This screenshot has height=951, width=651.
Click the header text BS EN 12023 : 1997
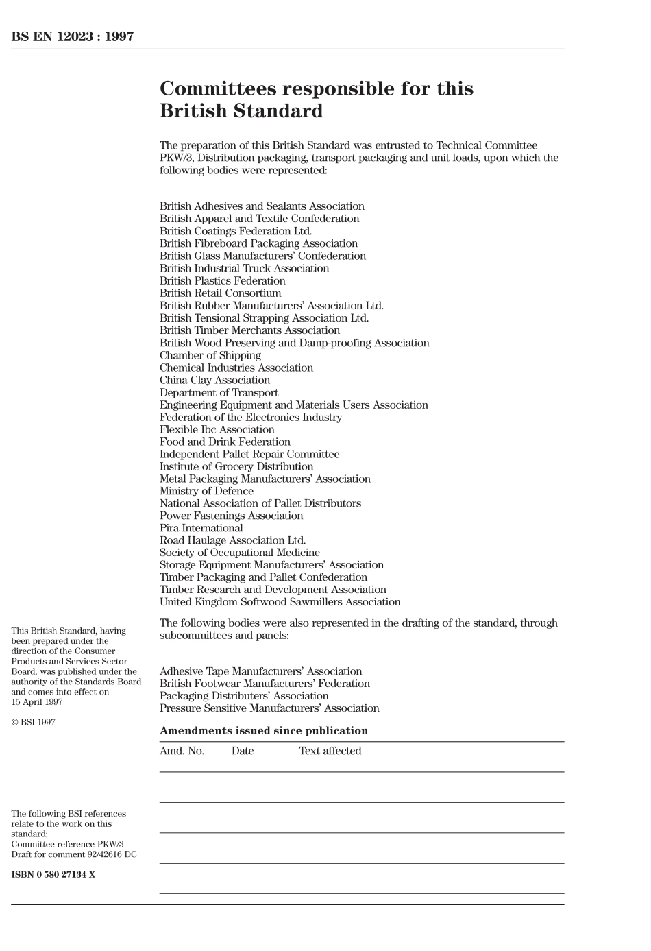click(72, 37)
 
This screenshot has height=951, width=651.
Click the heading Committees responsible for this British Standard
click(316, 100)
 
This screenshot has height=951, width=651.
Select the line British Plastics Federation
click(222, 281)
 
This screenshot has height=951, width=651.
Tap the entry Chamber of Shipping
click(210, 355)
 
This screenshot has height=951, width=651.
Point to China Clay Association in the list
click(214, 380)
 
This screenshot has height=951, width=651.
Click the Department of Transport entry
click(219, 393)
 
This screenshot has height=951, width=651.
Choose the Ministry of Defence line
click(206, 491)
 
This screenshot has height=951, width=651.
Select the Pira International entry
click(201, 528)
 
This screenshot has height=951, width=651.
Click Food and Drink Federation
click(225, 442)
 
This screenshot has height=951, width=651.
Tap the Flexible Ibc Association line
click(217, 429)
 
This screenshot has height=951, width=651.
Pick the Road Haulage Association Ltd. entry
click(232, 540)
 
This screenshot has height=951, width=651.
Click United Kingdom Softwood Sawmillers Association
click(280, 602)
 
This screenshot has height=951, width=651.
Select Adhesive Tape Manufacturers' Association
click(260, 671)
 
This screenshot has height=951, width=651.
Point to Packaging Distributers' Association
click(244, 696)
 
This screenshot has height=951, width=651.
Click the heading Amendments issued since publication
click(263, 731)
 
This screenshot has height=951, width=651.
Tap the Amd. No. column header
click(182, 751)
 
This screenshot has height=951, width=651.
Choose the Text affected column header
click(330, 751)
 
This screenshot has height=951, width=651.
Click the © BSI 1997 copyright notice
click(33, 722)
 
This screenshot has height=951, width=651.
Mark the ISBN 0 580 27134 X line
click(53, 874)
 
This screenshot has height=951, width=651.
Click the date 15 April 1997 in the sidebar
click(36, 701)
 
